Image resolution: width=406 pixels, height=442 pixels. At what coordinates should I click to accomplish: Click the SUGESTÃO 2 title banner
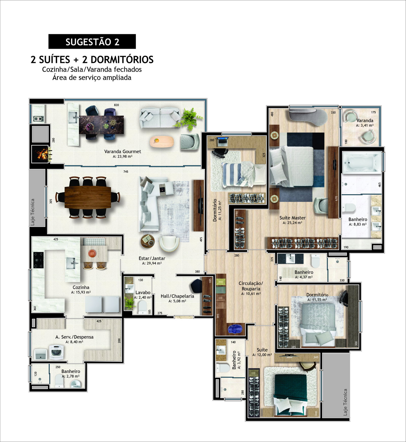pos(92,41)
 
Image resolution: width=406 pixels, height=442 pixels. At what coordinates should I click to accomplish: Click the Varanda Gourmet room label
pos(123,151)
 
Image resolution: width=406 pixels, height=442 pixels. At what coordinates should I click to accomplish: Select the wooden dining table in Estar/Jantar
pos(88,197)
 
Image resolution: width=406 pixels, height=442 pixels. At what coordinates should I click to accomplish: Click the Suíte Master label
pos(292,218)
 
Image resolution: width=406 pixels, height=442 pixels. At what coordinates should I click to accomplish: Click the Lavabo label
pos(143,293)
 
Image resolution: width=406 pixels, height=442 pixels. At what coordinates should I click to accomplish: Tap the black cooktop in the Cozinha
pos(38,260)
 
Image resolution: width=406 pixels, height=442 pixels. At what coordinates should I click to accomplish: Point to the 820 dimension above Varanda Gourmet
pos(116,105)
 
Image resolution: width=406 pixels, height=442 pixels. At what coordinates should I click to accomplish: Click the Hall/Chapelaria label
pos(177,296)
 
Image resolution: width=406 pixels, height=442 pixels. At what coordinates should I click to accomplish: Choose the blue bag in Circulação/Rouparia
pos(235,329)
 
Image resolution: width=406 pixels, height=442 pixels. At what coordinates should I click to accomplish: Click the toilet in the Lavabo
pos(142,307)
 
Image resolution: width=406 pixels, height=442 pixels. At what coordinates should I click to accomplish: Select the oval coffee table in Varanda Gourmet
pos(162,142)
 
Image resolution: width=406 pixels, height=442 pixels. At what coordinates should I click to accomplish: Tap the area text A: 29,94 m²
pos(152,263)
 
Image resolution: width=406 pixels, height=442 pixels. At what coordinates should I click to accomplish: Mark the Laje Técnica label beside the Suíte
pos(345,402)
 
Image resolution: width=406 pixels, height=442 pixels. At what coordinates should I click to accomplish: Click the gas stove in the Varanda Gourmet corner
pos(39,119)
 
